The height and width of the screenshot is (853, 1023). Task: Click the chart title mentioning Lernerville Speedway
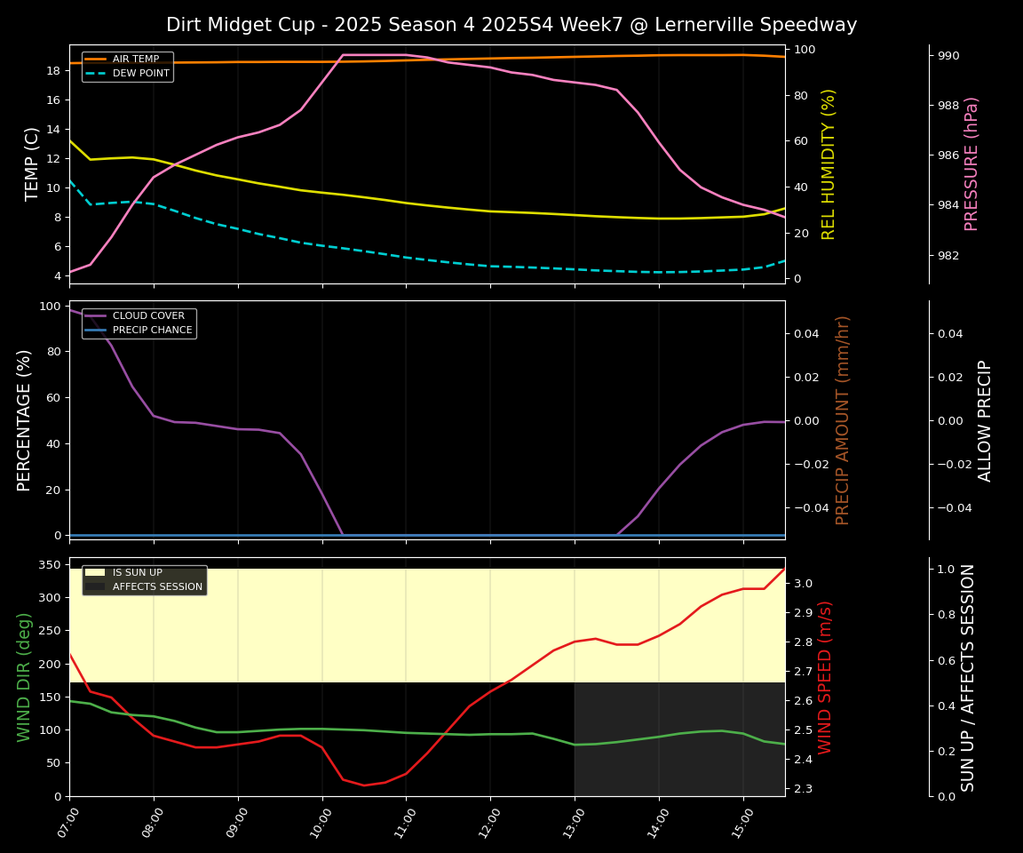(511, 25)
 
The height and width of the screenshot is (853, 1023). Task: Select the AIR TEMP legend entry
(135, 59)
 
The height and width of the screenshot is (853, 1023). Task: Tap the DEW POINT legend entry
(140, 73)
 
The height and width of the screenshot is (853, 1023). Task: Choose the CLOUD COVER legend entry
(148, 315)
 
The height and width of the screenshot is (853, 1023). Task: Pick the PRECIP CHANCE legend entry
(152, 330)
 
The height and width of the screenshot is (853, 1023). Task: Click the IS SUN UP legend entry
(137, 572)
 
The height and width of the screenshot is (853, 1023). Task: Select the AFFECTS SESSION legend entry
(157, 586)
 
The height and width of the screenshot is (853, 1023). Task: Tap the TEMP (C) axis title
(32, 164)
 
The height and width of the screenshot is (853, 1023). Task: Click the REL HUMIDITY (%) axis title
(829, 164)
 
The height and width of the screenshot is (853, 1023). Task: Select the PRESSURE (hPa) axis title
(971, 164)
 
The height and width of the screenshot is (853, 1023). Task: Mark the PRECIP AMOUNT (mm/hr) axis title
(843, 420)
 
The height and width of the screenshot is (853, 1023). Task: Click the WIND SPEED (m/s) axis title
(825, 677)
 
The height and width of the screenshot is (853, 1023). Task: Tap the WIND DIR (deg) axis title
(24, 677)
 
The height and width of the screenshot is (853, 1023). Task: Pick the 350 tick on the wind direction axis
(52, 564)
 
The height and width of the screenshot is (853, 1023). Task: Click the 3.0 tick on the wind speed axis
(802, 584)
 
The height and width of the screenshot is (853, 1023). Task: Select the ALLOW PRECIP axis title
(985, 420)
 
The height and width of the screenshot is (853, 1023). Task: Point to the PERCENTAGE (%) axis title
(24, 420)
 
